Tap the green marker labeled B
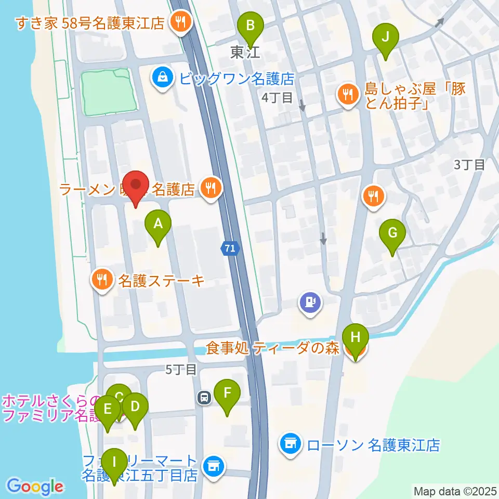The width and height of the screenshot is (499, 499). click(x=251, y=25)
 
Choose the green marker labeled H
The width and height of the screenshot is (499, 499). click(x=356, y=337)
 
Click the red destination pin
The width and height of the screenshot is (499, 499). click(x=136, y=186)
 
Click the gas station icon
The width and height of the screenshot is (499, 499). click(x=310, y=302)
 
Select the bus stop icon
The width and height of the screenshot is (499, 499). click(x=204, y=398)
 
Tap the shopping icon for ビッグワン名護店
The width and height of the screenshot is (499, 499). click(x=163, y=78)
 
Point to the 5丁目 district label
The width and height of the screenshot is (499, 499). click(x=181, y=370)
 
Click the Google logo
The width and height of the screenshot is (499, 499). click(x=35, y=487)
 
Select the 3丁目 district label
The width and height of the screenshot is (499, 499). click(x=469, y=165)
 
